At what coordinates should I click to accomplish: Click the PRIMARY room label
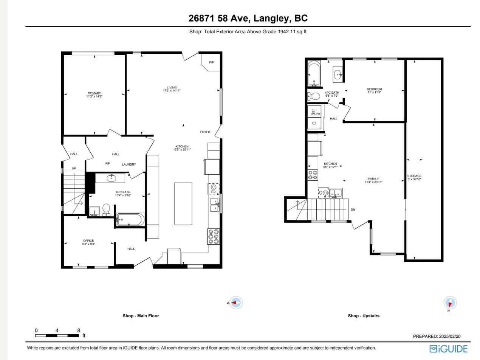(x=94, y=93)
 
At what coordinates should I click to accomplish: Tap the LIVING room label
(x=172, y=88)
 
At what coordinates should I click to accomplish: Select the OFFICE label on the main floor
(x=88, y=241)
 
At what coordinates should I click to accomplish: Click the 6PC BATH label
(x=123, y=192)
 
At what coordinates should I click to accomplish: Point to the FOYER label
(x=205, y=132)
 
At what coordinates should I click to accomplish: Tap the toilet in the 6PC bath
(x=106, y=209)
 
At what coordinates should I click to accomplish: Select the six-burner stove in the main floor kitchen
(x=214, y=236)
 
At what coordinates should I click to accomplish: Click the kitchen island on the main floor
(x=183, y=203)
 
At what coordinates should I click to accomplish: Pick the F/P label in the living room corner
(x=211, y=62)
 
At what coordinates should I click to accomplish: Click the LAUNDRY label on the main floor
(x=129, y=164)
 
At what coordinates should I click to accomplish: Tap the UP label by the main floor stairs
(x=74, y=168)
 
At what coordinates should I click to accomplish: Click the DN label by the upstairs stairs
(x=353, y=209)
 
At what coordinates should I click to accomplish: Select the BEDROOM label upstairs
(x=374, y=89)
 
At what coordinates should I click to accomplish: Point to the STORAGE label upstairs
(x=414, y=176)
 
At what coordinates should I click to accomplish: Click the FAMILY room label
(x=374, y=179)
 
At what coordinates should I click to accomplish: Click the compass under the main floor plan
(x=236, y=303)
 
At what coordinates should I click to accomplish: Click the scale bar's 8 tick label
(x=79, y=331)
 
